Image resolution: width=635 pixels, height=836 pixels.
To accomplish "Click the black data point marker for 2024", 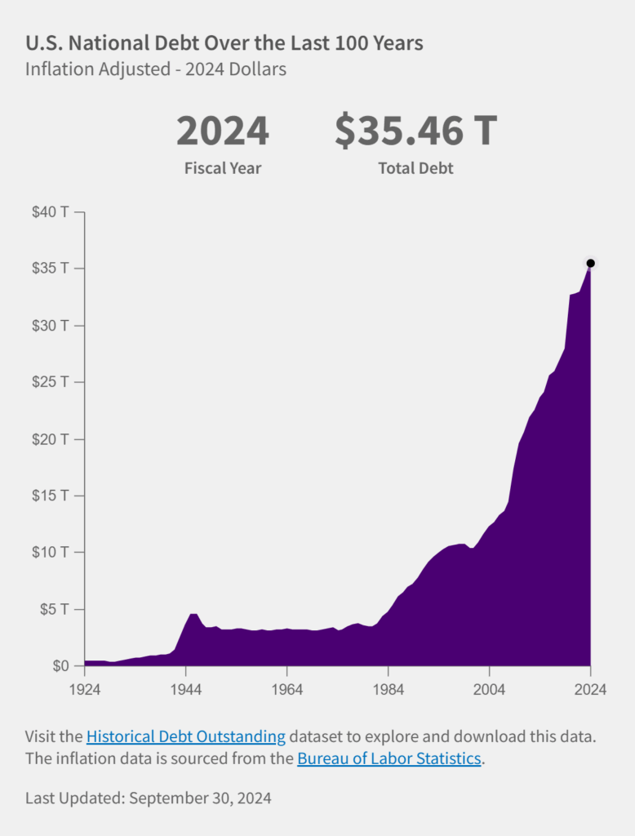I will [591, 263].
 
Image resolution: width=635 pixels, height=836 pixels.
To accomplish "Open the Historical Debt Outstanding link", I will [185, 736].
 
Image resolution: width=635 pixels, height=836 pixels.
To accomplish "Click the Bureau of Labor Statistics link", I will [389, 758].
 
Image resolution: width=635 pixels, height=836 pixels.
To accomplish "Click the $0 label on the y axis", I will [60, 666].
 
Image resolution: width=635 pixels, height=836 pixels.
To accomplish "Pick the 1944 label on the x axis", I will [186, 689].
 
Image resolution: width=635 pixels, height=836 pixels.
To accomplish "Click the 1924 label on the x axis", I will [85, 689].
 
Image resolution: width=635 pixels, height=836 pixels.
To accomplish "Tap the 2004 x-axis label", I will [490, 689].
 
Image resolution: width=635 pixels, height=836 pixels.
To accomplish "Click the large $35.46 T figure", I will [415, 131].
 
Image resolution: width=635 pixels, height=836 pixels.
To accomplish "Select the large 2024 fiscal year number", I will [223, 131].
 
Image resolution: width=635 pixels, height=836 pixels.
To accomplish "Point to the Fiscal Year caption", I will [223, 169].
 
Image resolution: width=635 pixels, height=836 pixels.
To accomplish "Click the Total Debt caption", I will [415, 169].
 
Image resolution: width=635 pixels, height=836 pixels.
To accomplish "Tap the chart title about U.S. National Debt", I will [224, 42].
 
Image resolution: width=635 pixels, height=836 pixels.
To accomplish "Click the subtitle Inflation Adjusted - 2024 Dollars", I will [156, 69].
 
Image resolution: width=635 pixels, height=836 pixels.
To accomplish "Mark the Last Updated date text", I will [149, 798].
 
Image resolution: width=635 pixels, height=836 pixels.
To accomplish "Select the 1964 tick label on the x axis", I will [287, 689].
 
